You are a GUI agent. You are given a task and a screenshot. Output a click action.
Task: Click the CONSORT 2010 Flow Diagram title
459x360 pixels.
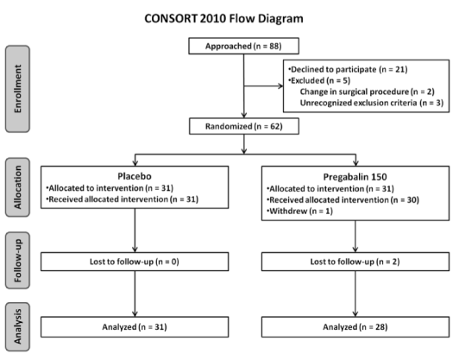tap(224, 19)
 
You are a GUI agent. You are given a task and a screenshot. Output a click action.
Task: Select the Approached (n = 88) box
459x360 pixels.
tap(243, 46)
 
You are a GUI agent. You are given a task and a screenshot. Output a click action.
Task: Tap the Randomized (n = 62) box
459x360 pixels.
tap(244, 126)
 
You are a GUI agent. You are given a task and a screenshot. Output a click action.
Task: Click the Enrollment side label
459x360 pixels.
tap(17, 89)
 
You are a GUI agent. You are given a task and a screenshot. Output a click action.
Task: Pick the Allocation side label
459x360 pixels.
tap(17, 187)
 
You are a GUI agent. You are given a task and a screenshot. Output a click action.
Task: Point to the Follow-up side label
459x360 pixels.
tap(17, 261)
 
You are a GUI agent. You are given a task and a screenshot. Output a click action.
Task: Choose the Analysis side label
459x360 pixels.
tap(17, 326)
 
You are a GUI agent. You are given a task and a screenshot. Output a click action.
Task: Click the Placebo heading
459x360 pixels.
tap(135, 176)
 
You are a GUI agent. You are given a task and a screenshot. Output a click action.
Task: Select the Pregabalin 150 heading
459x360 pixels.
tap(355, 177)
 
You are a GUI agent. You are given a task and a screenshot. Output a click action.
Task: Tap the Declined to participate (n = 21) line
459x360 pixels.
tap(348, 69)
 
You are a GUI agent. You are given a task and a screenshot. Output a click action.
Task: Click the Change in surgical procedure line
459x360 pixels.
tap(367, 92)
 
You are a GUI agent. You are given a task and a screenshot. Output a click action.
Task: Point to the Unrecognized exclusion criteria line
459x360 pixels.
tap(372, 103)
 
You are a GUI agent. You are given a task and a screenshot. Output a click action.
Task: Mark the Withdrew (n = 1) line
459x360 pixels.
tap(299, 211)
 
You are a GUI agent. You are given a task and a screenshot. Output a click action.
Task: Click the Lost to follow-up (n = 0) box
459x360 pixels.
tap(135, 262)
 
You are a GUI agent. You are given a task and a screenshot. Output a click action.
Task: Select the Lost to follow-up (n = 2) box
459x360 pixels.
tap(355, 262)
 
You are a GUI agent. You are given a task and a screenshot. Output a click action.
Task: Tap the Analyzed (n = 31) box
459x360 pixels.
tap(135, 327)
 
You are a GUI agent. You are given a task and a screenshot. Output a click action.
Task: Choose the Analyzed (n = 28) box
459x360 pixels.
tap(355, 327)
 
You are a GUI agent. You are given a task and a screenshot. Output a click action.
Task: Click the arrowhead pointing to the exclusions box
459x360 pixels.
tap(280, 85)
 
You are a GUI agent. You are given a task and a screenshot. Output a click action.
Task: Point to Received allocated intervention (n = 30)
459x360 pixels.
tap(343, 199)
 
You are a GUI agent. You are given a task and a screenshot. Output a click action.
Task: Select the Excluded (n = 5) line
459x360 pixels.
tap(319, 80)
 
